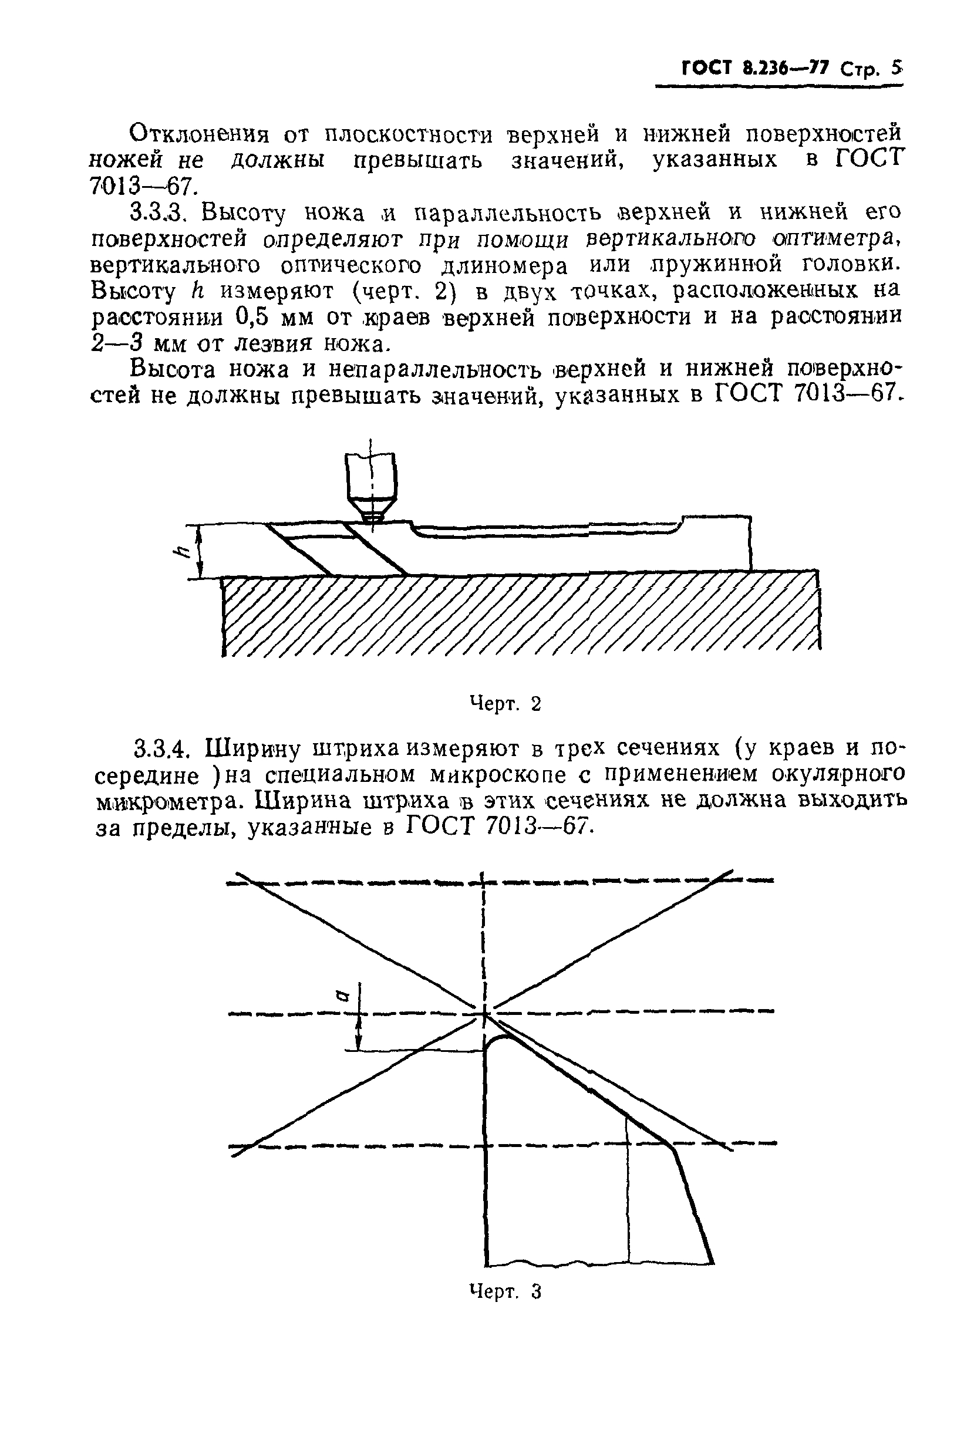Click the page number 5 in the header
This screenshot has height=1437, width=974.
pos(896,68)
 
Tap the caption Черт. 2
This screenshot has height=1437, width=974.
pos(505,703)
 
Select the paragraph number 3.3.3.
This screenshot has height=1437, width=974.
pos(158,213)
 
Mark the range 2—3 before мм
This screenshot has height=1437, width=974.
pos(119,343)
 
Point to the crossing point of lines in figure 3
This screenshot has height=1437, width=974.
pos(484,1011)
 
